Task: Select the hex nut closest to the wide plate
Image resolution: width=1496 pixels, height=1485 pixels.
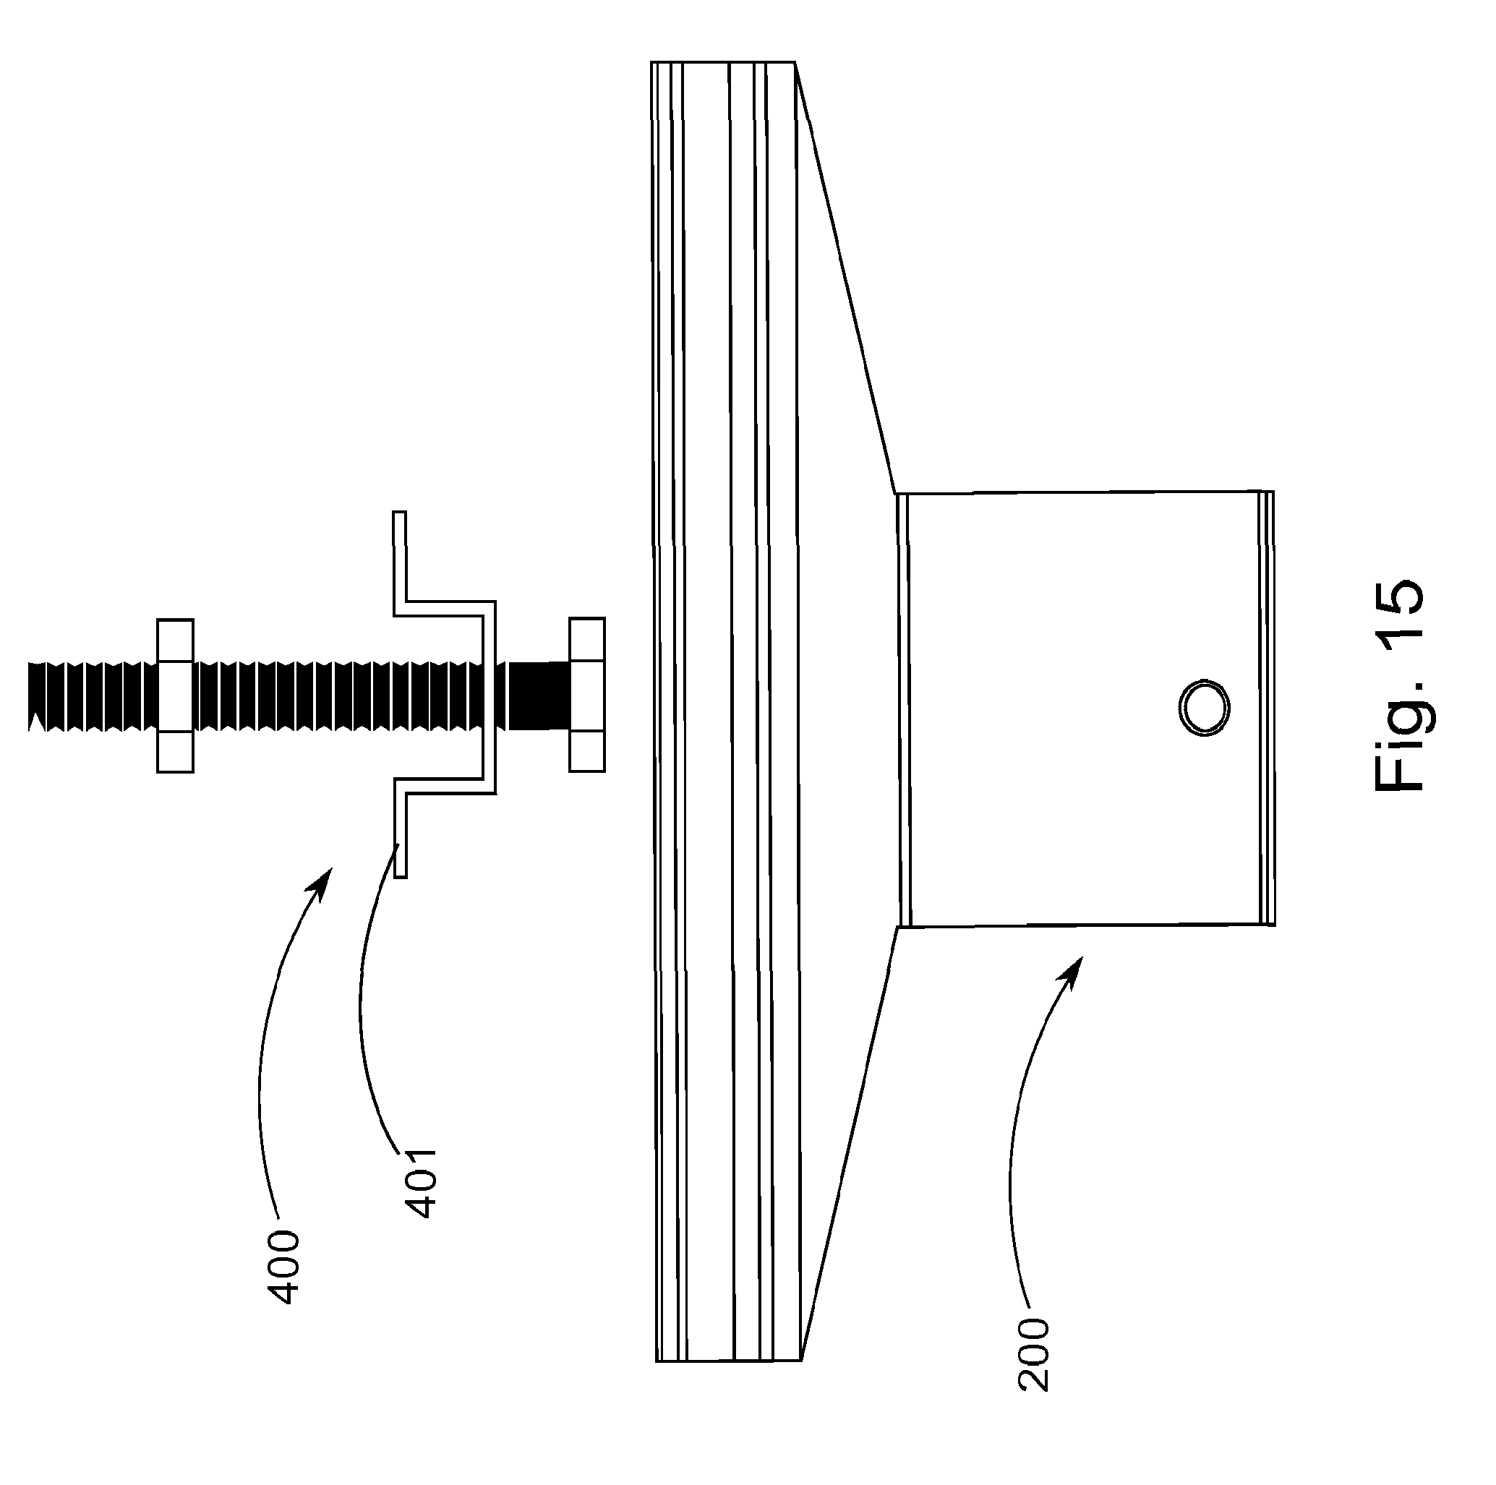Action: click(587, 696)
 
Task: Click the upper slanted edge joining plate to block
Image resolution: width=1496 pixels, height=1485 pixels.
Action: click(844, 279)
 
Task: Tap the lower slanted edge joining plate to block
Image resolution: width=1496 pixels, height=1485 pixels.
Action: click(848, 1146)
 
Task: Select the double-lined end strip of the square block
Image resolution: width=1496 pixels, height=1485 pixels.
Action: click(1267, 709)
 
